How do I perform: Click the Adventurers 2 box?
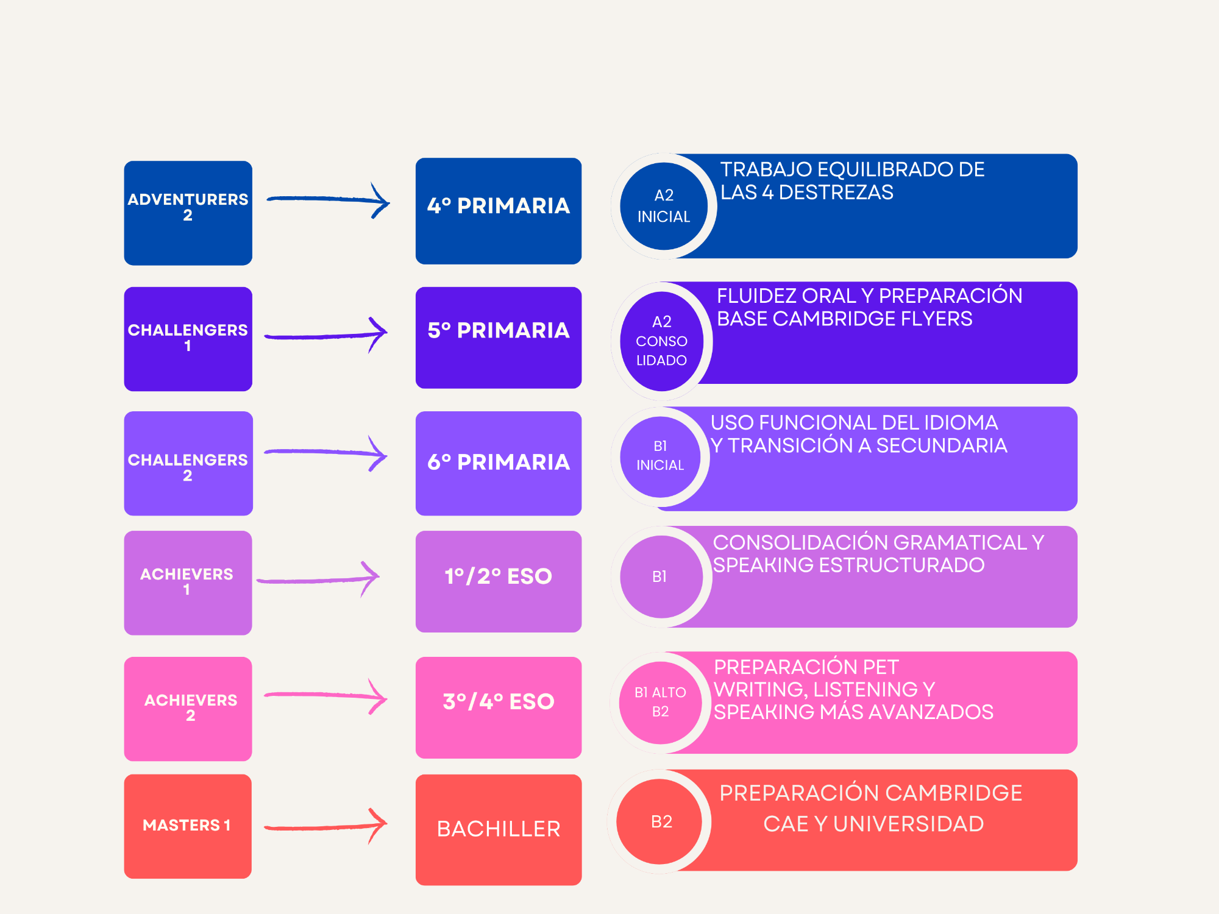(x=188, y=213)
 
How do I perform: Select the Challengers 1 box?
(x=188, y=339)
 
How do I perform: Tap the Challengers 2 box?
(x=188, y=464)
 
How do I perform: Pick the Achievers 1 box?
(x=188, y=583)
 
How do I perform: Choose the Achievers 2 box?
(x=188, y=709)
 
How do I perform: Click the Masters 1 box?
(x=188, y=826)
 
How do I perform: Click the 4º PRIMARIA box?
(x=499, y=211)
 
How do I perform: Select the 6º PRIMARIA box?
(x=499, y=463)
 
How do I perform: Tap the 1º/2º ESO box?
(x=499, y=581)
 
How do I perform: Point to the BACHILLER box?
(x=499, y=829)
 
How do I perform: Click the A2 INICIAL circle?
(x=664, y=206)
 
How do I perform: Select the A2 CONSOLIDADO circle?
(x=662, y=341)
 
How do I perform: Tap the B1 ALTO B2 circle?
(x=661, y=703)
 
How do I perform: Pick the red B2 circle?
(x=661, y=821)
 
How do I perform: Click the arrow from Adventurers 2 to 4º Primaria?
(x=328, y=200)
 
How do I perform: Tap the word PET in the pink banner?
(x=876, y=667)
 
